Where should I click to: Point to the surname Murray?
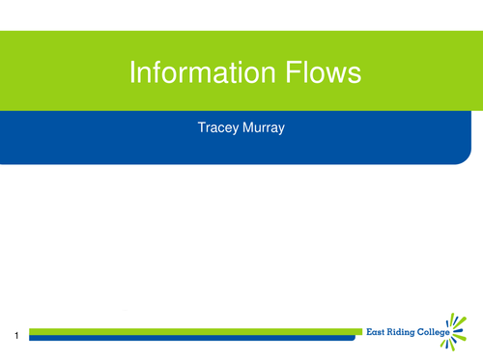pos(263,126)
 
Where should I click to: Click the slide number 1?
pos(17,335)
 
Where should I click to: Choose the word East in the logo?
pos(376,332)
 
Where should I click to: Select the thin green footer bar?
pos(193,330)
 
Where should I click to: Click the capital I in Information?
pos(132,74)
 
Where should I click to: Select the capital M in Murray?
pos(245,126)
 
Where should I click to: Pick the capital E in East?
pos(368,332)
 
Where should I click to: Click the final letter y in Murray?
pos(282,127)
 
